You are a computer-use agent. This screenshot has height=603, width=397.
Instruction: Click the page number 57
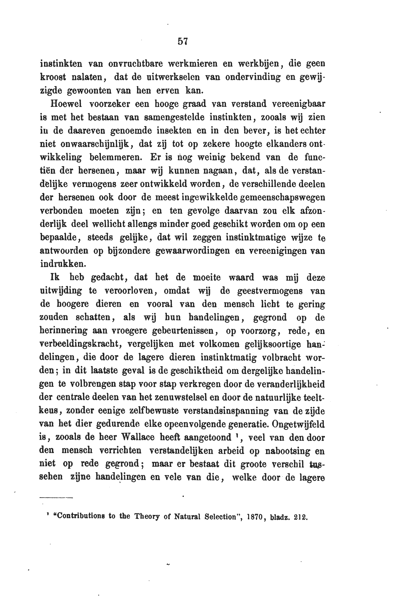pos(182,41)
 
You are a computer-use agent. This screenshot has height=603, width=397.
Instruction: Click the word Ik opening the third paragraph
pos(55,277)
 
